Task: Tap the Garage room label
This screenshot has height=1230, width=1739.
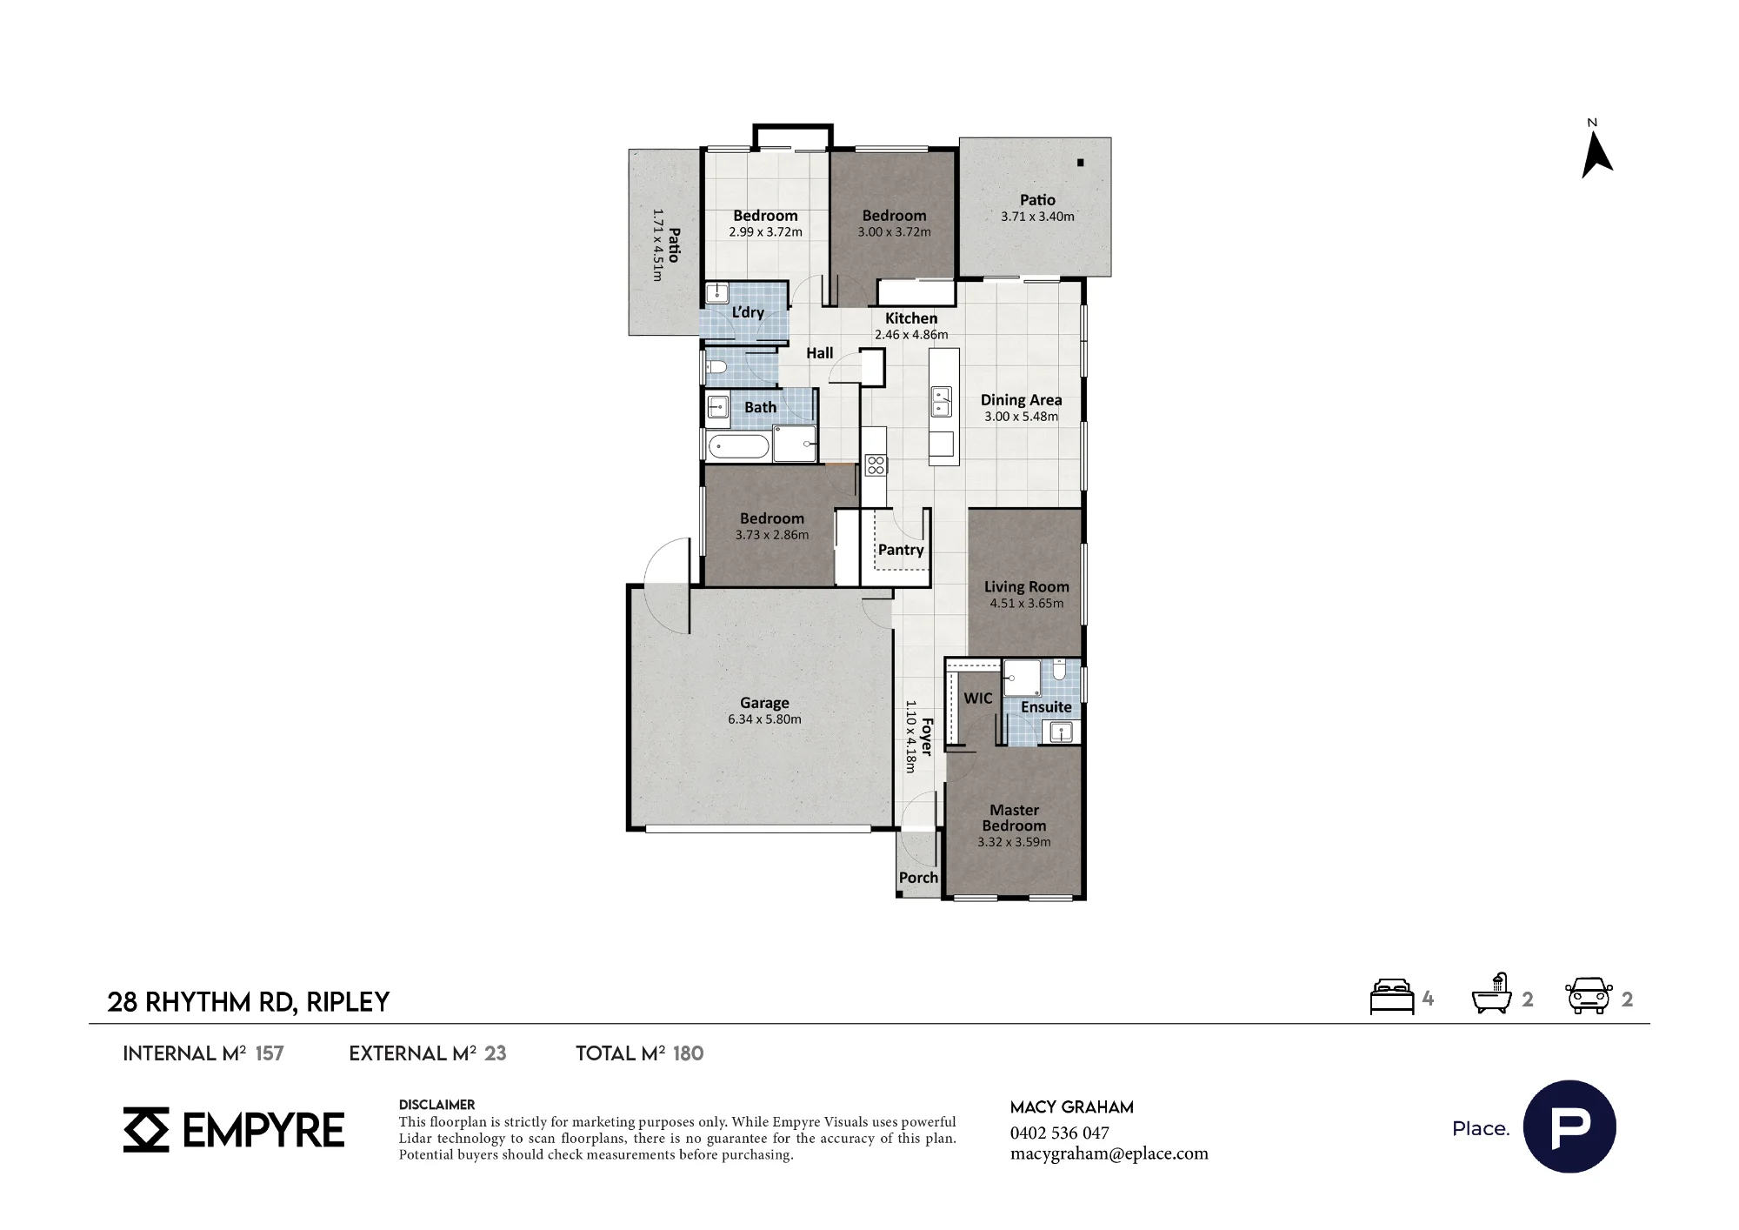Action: (764, 703)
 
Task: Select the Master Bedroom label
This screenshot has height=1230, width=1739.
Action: (1014, 818)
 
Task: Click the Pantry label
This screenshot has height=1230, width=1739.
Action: (901, 550)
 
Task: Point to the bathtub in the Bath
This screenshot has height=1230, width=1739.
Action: (739, 447)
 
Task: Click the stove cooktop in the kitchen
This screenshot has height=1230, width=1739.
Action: (876, 465)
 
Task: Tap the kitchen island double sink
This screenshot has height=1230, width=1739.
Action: (942, 402)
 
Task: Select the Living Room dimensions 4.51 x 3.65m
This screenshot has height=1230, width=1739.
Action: (1026, 603)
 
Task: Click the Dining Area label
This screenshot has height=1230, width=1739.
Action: (1021, 400)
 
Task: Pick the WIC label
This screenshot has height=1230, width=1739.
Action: (977, 699)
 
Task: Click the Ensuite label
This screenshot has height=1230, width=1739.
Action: (1046, 707)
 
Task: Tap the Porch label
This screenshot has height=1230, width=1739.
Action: (918, 878)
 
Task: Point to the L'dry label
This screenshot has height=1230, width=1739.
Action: (748, 312)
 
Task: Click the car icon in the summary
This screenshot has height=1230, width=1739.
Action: (1589, 996)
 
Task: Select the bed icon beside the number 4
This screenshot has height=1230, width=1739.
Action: (1392, 997)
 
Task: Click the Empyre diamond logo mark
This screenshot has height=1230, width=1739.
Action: (146, 1130)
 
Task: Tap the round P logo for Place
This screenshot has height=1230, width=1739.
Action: (1569, 1126)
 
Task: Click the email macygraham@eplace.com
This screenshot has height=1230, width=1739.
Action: (1109, 1153)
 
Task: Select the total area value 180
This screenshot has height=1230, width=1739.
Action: (688, 1053)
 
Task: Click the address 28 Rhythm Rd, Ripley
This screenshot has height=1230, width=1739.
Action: (248, 1002)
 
